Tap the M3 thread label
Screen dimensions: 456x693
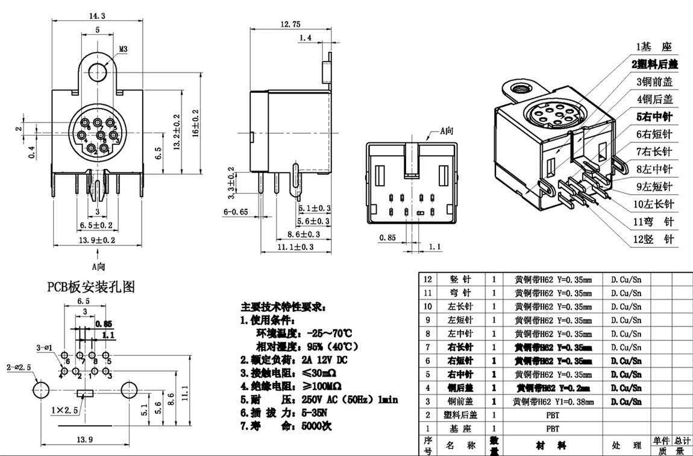(122, 50)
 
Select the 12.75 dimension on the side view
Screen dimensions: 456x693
(290, 24)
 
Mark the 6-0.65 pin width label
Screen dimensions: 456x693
(236, 212)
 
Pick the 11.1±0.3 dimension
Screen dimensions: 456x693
(295, 247)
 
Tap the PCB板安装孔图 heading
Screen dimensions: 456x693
(91, 287)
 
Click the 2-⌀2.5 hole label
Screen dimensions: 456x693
(17, 367)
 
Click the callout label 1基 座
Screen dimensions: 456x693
(654, 46)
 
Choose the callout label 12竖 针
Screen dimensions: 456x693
(654, 239)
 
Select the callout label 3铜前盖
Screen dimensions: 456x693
(654, 81)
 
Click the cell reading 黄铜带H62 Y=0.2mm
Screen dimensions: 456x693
(553, 387)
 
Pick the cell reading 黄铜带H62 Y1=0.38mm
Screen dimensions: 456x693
(553, 401)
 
